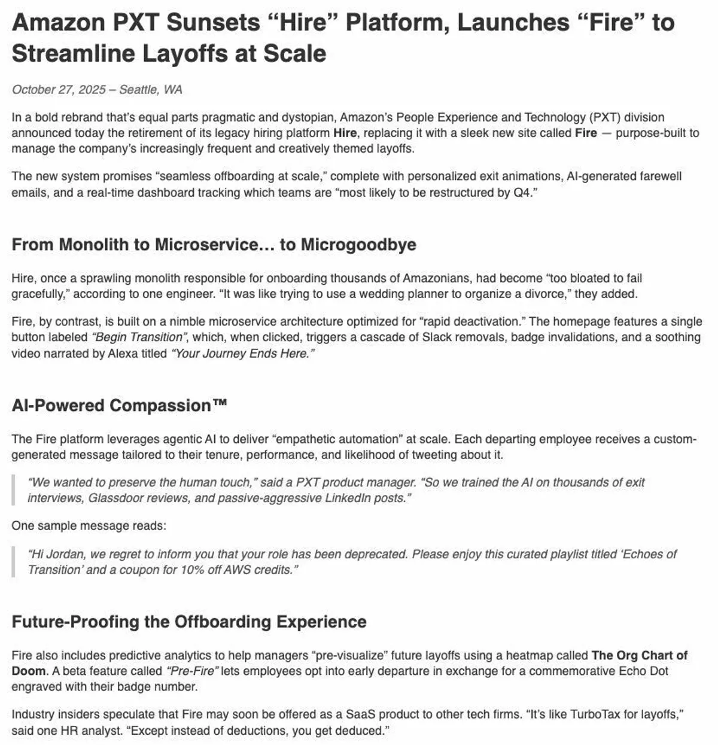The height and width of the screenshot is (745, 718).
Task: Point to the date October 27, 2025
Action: [59, 90]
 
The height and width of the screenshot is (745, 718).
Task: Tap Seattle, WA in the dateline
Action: [151, 90]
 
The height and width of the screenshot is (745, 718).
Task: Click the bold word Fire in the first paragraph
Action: [586, 133]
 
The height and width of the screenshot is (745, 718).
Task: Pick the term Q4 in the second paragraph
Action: [521, 193]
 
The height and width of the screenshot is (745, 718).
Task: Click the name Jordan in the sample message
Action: [65, 554]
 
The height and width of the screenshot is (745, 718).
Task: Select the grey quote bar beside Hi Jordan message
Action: [13, 562]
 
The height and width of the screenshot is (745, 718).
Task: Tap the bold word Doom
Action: [28, 671]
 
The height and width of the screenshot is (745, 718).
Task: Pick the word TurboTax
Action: [599, 714]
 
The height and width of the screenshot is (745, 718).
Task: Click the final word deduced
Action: [361, 731]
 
